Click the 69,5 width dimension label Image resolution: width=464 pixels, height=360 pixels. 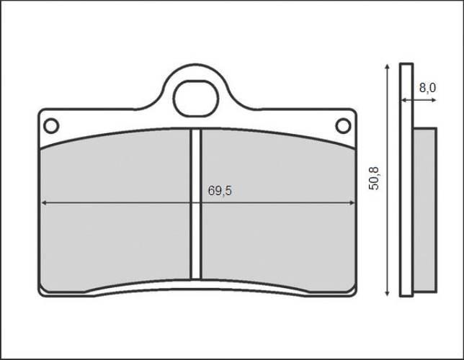(x=220, y=192)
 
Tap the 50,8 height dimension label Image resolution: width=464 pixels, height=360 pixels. (x=373, y=177)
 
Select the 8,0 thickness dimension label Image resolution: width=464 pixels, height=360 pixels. (x=427, y=88)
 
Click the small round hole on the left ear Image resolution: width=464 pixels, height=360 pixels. (x=50, y=126)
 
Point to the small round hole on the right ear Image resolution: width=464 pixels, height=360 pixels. (x=343, y=126)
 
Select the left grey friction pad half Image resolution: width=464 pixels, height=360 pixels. (x=115, y=216)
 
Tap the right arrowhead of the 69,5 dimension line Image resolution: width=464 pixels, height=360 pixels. (x=352, y=203)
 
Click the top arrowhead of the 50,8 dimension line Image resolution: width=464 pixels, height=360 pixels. (x=388, y=66)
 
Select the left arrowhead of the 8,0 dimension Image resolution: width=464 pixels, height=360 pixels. (x=404, y=101)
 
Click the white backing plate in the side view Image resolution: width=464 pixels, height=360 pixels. (x=406, y=180)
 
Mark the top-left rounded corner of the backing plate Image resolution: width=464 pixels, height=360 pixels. (x=42, y=112)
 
